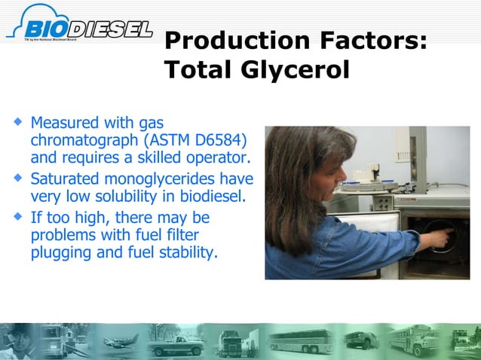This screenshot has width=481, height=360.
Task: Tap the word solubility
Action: click(146, 197)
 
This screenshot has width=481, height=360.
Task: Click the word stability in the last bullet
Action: click(188, 252)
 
